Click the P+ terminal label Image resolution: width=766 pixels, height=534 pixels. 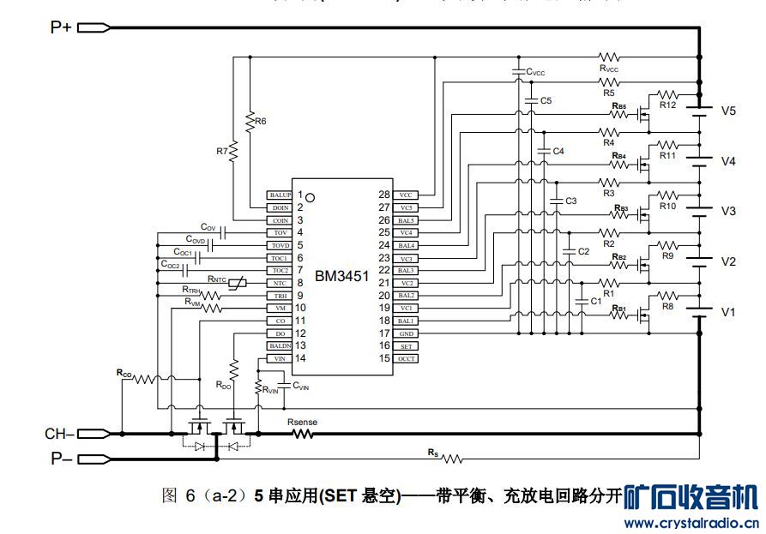point(60,27)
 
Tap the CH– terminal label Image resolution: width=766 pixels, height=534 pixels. point(59,434)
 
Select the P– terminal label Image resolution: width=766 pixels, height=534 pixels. point(60,459)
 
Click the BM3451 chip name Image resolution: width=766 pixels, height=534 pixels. point(341,276)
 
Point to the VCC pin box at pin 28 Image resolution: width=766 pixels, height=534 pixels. point(406,195)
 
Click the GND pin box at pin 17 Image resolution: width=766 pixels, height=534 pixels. point(406,333)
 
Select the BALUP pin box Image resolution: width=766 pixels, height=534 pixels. point(280,195)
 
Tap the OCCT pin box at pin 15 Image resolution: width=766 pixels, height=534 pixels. point(406,358)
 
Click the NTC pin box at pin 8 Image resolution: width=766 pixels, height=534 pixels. point(280,283)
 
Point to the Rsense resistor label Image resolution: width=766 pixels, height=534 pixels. point(302,422)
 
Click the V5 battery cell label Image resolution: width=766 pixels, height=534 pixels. point(728,111)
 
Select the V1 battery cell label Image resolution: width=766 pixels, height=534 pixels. point(728,312)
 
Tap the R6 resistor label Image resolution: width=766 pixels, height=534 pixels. point(260,121)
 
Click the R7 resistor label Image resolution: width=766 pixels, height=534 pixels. point(222,151)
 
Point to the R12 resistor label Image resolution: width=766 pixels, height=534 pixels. point(668,105)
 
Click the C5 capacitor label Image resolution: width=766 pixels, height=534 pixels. point(546,101)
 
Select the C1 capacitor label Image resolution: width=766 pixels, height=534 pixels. point(595,301)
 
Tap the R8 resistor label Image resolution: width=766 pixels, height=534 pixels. point(668,306)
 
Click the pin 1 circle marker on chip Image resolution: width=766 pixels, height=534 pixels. point(311,197)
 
